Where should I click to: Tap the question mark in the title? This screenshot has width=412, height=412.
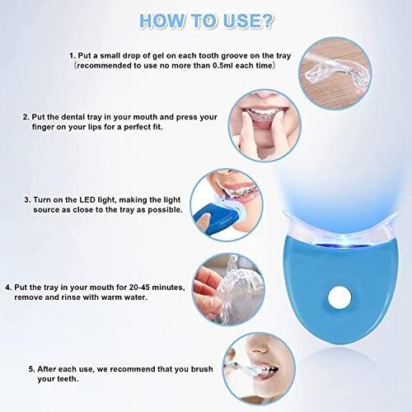(x=267, y=21)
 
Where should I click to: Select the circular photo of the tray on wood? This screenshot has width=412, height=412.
(x=335, y=74)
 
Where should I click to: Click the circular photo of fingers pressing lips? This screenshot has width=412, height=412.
(x=265, y=125)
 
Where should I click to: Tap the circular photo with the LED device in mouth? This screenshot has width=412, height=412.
(x=227, y=205)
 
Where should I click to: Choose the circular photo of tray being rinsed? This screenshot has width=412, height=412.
(x=228, y=289)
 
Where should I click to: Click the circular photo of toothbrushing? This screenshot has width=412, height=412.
(x=259, y=368)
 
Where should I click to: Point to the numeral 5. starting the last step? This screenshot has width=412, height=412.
(x=31, y=369)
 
